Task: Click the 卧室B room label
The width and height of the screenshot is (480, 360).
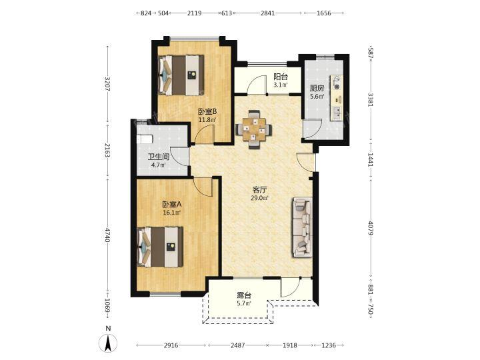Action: click(207, 111)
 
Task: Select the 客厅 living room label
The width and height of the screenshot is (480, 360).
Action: click(259, 190)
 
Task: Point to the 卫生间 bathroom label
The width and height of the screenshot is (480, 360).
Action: click(159, 157)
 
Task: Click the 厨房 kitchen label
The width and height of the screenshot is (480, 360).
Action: click(317, 89)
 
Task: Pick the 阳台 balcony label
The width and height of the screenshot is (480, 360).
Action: click(281, 77)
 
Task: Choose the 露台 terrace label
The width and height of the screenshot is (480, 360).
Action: click(244, 295)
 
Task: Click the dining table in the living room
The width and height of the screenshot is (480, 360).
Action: click(253, 129)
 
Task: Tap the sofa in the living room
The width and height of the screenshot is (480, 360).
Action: click(303, 227)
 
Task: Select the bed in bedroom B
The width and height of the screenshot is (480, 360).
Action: click(181, 75)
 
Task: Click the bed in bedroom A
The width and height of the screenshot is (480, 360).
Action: click(160, 247)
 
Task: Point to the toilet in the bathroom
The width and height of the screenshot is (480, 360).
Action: click(145, 139)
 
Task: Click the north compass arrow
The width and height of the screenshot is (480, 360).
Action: click(108, 343)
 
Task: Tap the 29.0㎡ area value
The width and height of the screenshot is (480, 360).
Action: click(259, 198)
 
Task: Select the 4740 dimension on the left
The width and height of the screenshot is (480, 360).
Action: click(107, 235)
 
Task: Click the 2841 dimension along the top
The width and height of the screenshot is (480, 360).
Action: click(267, 13)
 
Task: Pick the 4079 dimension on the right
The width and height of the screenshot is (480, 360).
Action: click(371, 229)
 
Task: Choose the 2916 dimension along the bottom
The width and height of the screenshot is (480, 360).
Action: click(171, 345)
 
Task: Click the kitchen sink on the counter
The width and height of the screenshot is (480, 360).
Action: click(337, 113)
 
